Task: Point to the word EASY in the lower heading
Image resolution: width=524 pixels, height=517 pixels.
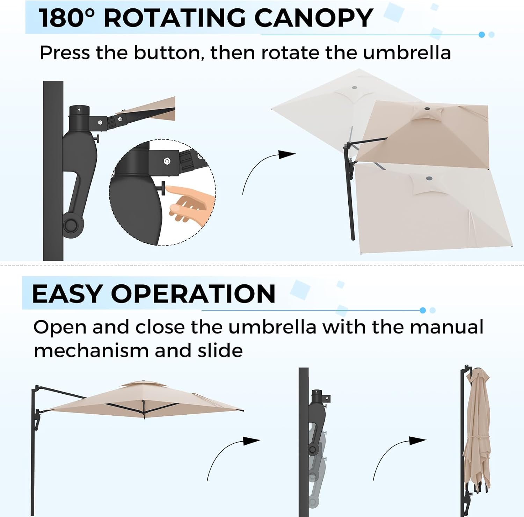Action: tap(67, 293)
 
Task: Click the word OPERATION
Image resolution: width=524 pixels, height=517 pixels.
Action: tap(193, 293)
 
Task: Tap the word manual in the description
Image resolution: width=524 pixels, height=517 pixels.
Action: tap(447, 327)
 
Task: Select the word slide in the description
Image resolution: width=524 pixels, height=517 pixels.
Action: tap(220, 350)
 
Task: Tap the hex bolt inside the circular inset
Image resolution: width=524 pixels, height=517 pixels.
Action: tap(167, 161)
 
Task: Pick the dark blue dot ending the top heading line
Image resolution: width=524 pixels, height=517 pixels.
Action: tap(482, 35)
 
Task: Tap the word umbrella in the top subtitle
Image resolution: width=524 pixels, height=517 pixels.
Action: tap(407, 53)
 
